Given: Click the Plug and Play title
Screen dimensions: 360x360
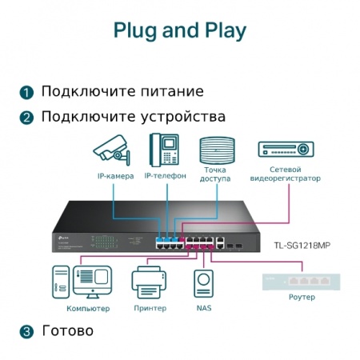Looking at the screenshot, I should click(x=179, y=31).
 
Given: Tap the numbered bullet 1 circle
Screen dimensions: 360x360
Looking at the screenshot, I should click(x=27, y=92).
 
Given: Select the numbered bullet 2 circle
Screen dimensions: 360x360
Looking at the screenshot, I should click(x=27, y=118).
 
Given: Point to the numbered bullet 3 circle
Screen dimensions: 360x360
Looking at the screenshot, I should click(x=27, y=331).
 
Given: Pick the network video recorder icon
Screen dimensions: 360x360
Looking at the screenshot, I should click(x=284, y=150).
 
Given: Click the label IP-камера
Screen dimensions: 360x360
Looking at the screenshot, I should click(x=115, y=176).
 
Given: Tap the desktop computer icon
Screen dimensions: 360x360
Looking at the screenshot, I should click(x=82, y=281).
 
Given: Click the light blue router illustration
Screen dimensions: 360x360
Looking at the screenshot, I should click(x=297, y=283).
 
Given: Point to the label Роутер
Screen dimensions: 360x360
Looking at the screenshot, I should click(x=297, y=300).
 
